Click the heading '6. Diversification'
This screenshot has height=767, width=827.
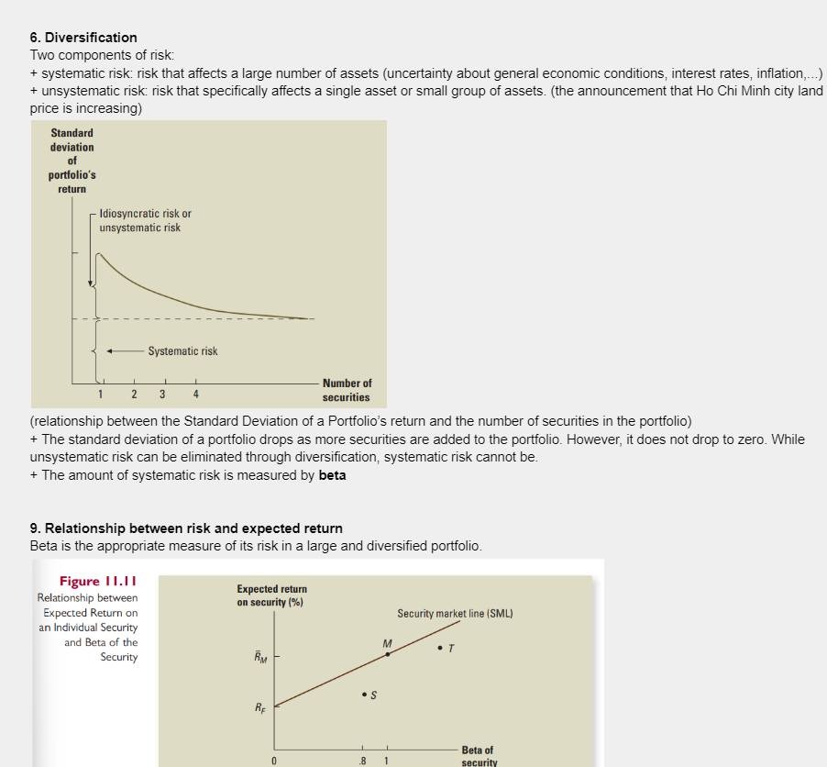pos(83,38)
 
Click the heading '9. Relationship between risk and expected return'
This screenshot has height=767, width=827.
pos(186,528)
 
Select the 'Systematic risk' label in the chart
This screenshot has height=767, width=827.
pos(182,351)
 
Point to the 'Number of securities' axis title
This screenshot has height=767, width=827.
pos(347,390)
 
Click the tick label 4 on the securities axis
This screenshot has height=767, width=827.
pos(195,395)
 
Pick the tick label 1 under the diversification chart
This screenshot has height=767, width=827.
pos(101,395)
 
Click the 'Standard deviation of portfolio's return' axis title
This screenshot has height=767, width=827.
pos(72,161)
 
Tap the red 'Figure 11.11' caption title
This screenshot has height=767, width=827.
pos(98,582)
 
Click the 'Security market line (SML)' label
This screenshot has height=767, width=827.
pos(455,613)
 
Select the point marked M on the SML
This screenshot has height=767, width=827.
pos(388,653)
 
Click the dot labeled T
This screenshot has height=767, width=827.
pos(441,648)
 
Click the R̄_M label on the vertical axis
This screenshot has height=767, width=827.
pos(260,657)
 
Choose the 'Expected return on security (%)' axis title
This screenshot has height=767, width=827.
pos(271,595)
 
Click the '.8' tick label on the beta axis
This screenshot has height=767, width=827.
pos(364,761)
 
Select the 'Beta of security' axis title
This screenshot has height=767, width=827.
pos(478,756)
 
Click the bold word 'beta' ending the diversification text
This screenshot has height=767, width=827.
pos(332,475)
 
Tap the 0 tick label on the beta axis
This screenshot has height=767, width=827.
pos(273,761)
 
